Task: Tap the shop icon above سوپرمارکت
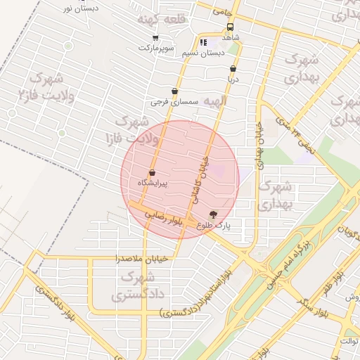click(x=155, y=39)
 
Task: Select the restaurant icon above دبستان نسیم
click(x=203, y=42)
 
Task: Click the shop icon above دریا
click(x=233, y=69)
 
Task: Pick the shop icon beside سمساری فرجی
click(x=174, y=91)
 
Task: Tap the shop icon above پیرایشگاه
click(x=152, y=173)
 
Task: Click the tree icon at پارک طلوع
click(x=213, y=214)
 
